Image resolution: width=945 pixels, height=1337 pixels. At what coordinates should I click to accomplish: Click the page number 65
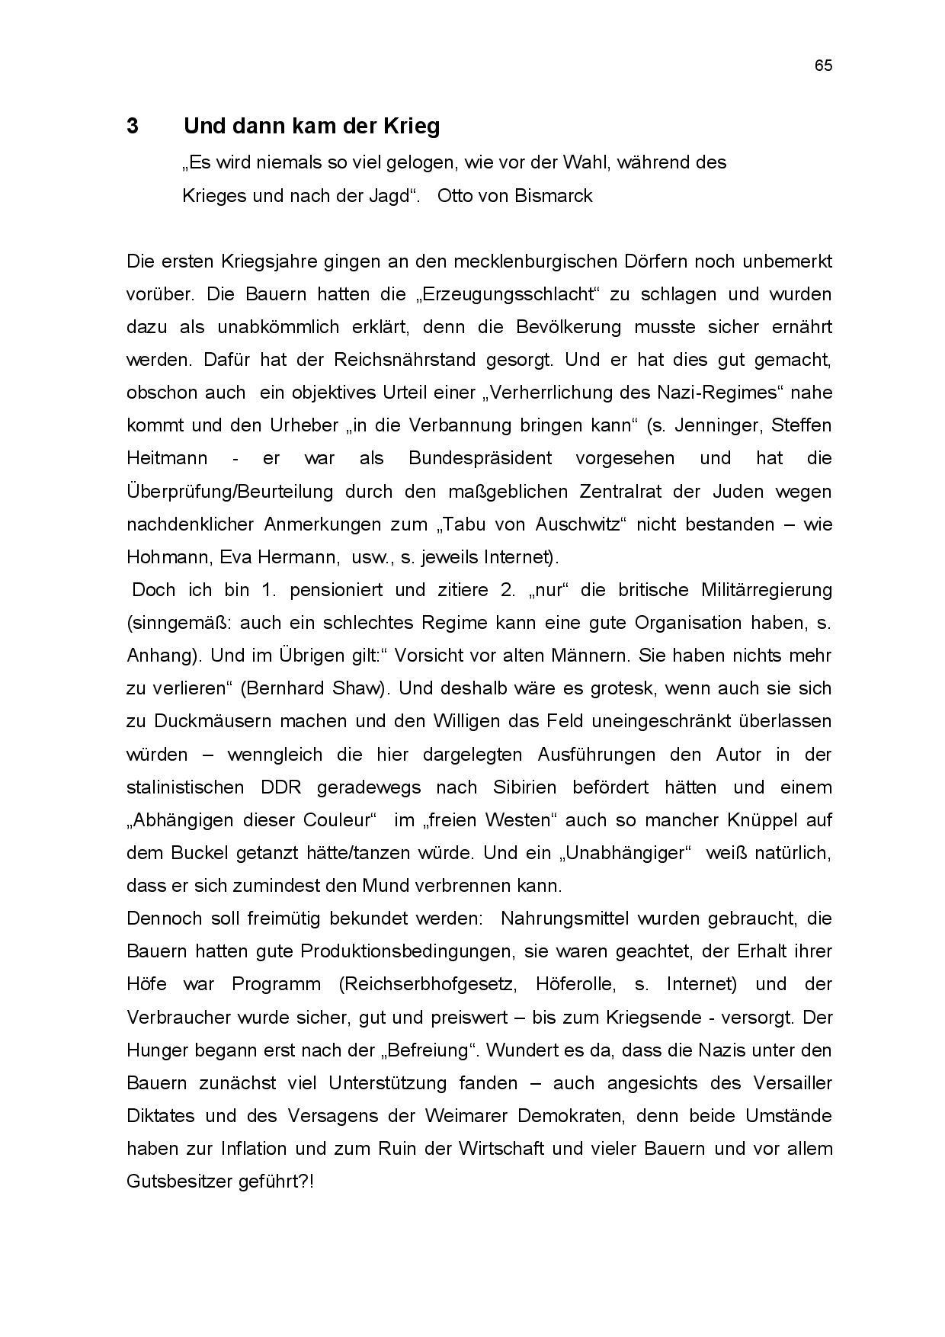point(823,66)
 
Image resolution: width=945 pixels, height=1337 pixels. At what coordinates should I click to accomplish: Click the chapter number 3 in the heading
point(133,127)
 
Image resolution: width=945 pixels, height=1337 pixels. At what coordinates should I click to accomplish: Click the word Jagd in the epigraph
point(389,196)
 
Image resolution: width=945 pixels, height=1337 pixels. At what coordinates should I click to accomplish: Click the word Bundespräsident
point(480,458)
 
